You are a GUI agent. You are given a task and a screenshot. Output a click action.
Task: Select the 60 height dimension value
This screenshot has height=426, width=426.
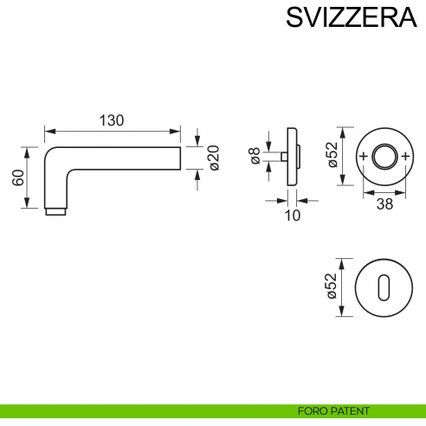point(17,177)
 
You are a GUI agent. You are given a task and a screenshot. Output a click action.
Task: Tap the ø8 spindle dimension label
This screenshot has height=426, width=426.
point(255,156)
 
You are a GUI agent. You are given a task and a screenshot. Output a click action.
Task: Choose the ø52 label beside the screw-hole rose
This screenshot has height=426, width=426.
point(331,157)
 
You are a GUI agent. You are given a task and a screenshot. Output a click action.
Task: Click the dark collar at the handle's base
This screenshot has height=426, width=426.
point(54,211)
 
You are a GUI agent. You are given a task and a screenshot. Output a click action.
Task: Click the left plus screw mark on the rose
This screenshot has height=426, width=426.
point(363,157)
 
